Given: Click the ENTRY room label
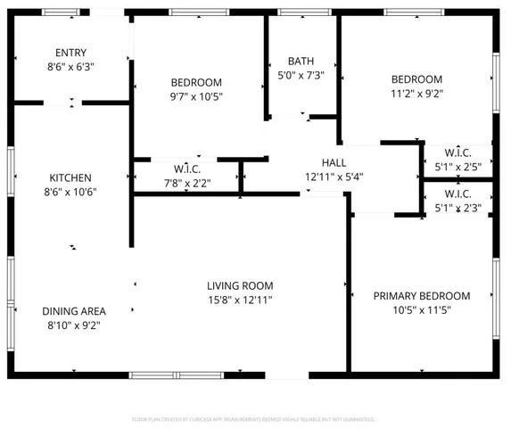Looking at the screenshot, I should coord(70,53).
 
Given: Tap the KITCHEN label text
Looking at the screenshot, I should coord(70,178).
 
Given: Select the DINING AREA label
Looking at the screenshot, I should coord(74,311).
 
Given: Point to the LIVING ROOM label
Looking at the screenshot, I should coord(240,286).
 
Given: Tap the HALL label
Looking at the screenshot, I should coord(334,162).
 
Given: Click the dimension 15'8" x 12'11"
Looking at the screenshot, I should coord(240,300).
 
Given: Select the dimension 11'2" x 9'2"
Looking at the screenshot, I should coord(416,93).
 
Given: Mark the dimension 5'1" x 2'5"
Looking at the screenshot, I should coord(457,165).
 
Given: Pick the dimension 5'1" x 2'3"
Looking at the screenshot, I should coord(457,208).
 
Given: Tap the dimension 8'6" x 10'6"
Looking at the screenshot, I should coord(70,192).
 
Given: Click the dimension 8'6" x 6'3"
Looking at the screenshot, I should coord(70,66).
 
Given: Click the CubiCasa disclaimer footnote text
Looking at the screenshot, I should coord(254,418).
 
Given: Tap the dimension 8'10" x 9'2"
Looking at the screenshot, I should coord(74,325).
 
